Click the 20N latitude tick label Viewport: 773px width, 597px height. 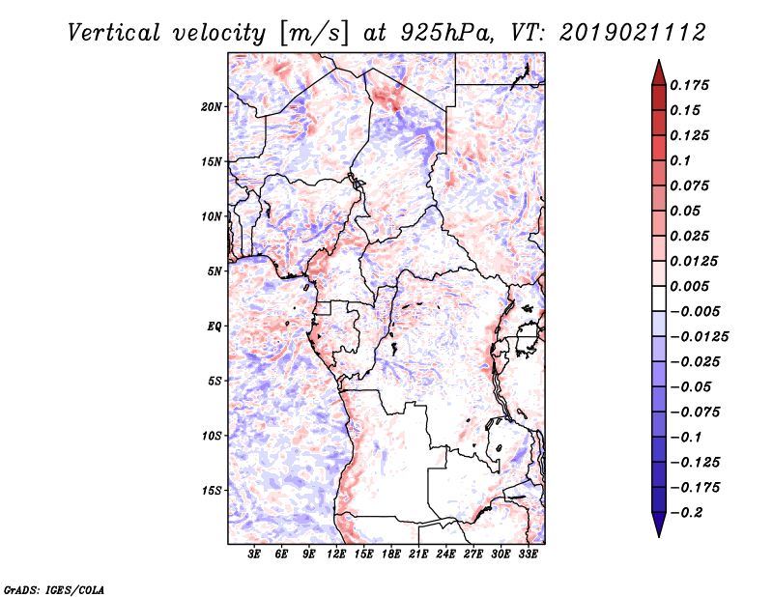(212, 106)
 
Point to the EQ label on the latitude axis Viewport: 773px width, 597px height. (214, 327)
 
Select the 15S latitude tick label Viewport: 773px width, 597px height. (212, 491)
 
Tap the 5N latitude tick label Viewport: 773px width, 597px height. (215, 271)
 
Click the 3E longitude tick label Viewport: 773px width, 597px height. (255, 554)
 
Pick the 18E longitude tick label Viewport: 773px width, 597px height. (391, 554)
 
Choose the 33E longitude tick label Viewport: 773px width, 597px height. (528, 554)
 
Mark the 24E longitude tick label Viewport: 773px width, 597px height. (445, 554)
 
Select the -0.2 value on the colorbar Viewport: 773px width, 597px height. (690, 512)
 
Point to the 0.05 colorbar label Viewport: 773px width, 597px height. (688, 211)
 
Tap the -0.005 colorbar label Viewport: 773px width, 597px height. (695, 311)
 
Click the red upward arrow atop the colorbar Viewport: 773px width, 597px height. (658, 71)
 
